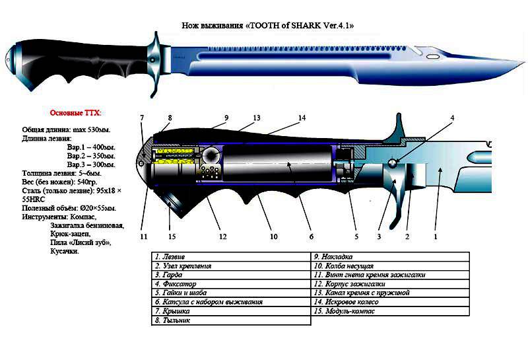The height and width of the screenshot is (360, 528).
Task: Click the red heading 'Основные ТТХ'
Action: click(76, 113)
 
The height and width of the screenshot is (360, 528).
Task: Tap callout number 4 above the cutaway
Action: click(452, 118)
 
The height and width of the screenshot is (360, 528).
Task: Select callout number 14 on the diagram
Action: click(302, 118)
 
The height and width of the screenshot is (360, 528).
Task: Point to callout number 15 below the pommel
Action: click(172, 236)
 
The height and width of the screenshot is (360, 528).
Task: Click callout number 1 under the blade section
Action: click(435, 236)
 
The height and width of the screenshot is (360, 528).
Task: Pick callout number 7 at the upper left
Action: click(141, 118)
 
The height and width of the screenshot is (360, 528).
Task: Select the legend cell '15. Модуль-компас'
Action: click(349, 310)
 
